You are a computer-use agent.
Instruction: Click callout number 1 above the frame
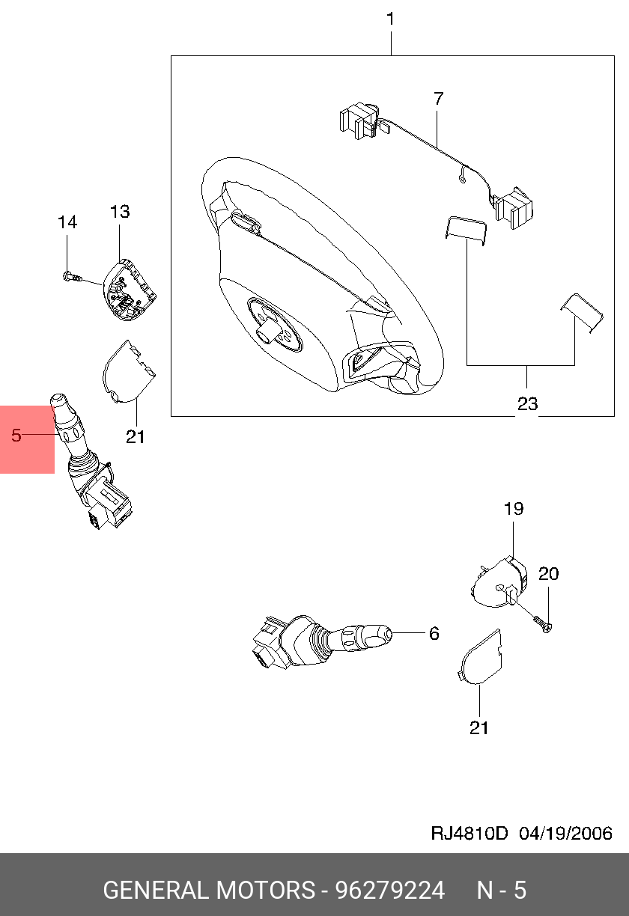point(390,19)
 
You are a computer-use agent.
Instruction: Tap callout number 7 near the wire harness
point(438,98)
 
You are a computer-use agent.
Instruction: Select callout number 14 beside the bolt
point(67,222)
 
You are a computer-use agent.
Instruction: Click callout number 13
point(120,212)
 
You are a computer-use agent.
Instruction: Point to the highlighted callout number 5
point(16,435)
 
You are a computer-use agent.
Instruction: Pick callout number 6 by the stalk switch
point(434,634)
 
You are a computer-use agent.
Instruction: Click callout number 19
point(513,509)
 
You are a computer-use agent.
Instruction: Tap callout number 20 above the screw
point(549,574)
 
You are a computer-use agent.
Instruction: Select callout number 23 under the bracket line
point(527,404)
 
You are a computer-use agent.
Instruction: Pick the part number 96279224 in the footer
point(390,891)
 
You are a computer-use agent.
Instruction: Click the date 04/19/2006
point(566,834)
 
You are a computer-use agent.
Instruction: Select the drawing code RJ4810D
point(470,834)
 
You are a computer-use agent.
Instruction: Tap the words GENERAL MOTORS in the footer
point(209,891)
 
